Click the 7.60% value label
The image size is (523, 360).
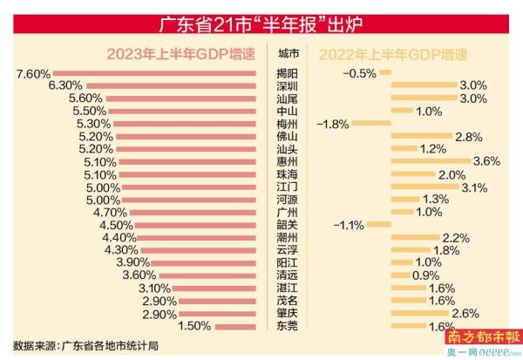click(32, 73)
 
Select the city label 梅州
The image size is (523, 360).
click(287, 124)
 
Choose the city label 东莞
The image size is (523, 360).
click(287, 326)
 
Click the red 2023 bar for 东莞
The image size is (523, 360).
click(241, 326)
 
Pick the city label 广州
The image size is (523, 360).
click(287, 212)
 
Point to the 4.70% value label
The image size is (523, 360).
click(111, 212)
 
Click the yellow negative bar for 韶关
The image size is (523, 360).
click(378, 225)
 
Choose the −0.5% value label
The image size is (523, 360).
click(358, 73)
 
